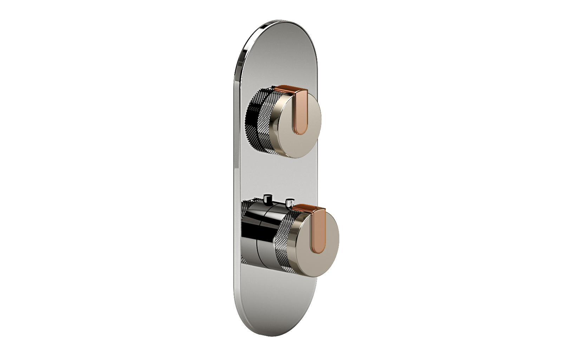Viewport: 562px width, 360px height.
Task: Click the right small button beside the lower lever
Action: point(289,203)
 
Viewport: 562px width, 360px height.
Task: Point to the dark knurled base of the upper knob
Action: point(250,120)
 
